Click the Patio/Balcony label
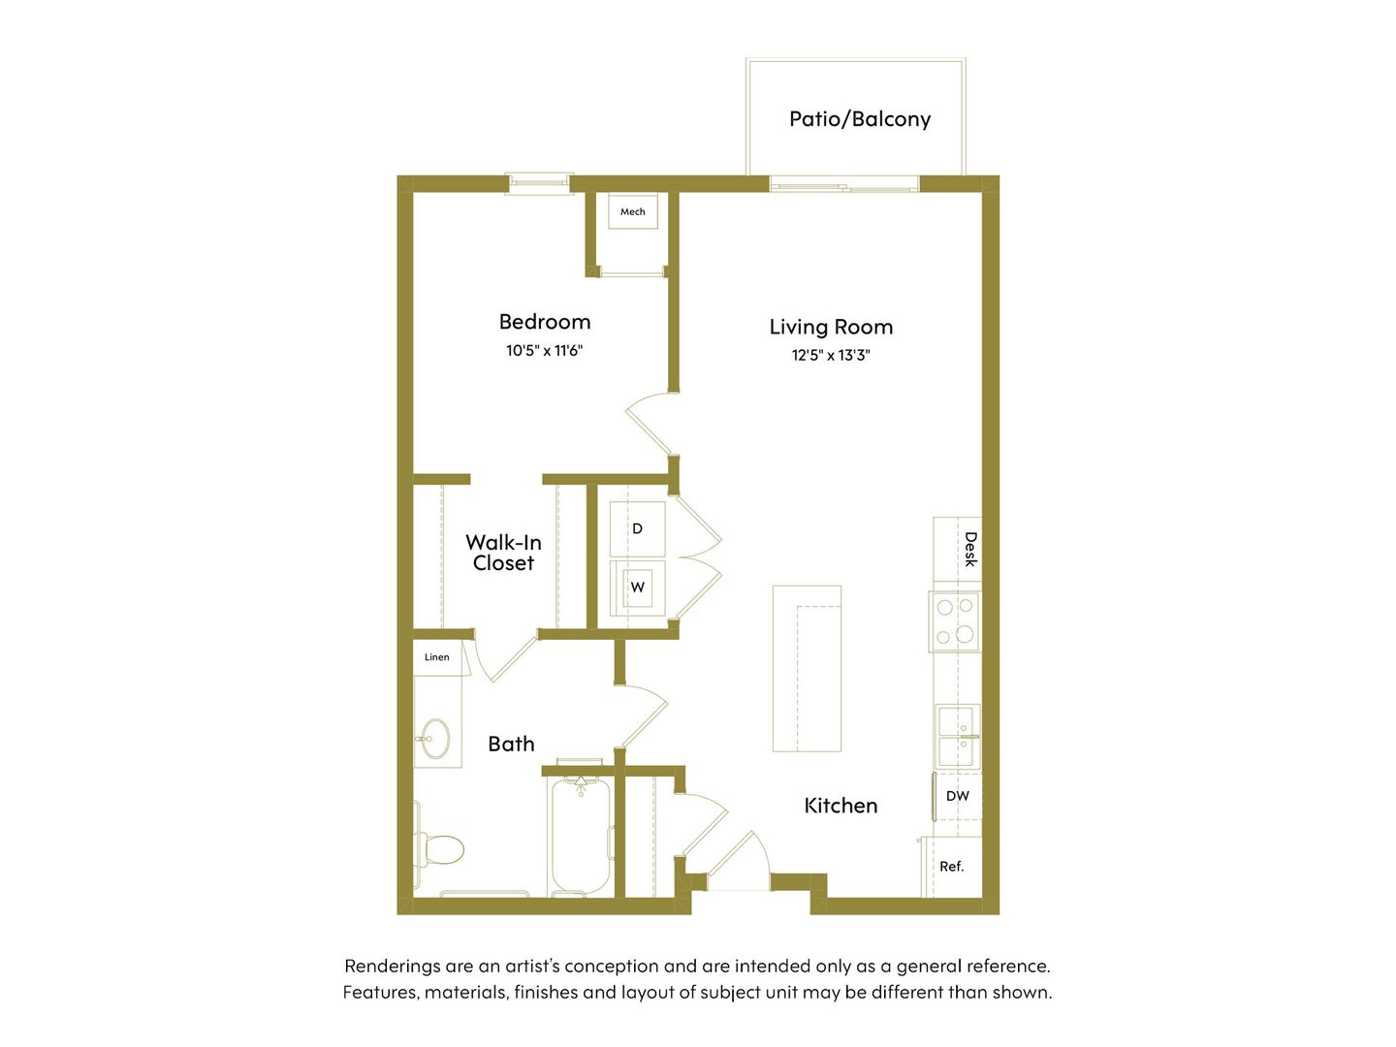click(x=859, y=119)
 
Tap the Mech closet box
click(x=632, y=211)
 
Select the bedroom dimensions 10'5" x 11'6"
click(x=545, y=350)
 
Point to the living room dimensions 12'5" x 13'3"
click(x=831, y=355)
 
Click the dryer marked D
click(x=637, y=528)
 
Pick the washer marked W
click(x=637, y=587)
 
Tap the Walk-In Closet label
click(x=503, y=553)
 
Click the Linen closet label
click(x=437, y=656)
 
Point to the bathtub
click(x=581, y=834)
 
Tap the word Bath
click(x=511, y=744)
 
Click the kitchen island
click(x=807, y=668)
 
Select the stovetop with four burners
click(x=955, y=621)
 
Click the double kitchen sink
click(x=957, y=736)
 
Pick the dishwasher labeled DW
click(x=957, y=796)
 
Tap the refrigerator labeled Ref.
click(x=951, y=867)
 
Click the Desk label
click(x=969, y=550)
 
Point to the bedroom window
click(x=539, y=184)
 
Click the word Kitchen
click(x=841, y=806)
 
